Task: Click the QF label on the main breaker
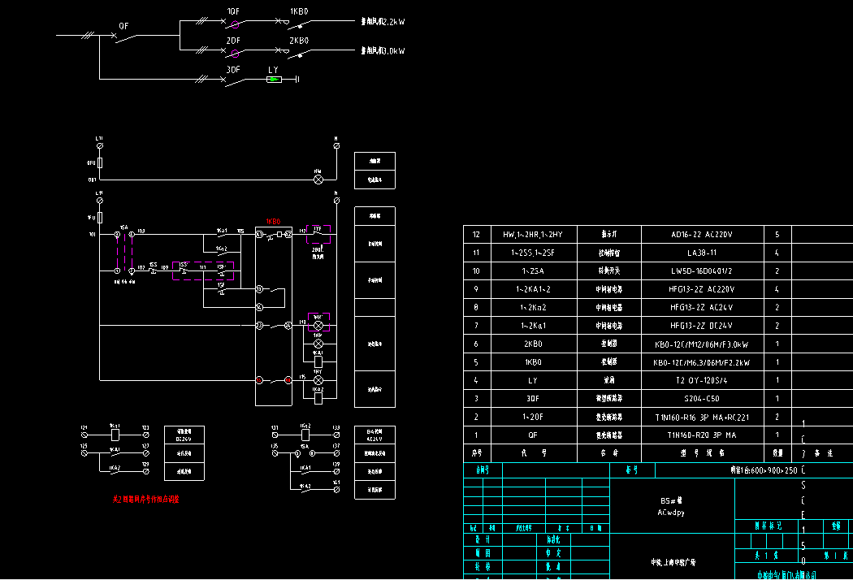(123, 26)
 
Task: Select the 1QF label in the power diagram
(233, 12)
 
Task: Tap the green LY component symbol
(275, 79)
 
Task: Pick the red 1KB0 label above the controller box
(274, 221)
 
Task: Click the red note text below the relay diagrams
(146, 499)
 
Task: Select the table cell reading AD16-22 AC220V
(702, 235)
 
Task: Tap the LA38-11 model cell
(702, 253)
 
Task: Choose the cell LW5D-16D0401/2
(702, 271)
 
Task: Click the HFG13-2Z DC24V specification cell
(702, 326)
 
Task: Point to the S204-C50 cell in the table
(702, 399)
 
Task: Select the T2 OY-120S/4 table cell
(702, 380)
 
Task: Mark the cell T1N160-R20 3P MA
(702, 435)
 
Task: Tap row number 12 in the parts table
(477, 235)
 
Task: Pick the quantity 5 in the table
(777, 235)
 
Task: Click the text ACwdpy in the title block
(671, 513)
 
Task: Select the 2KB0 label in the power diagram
(299, 41)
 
